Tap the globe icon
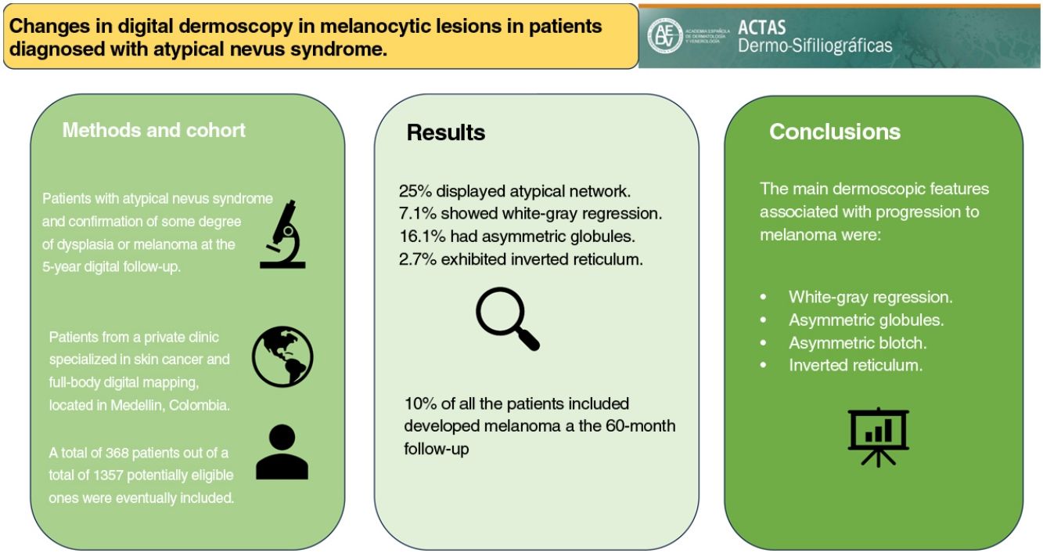point(282,357)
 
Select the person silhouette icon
point(282,452)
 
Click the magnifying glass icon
point(507,318)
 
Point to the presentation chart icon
point(878,436)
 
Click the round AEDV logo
point(664,36)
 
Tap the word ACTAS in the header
point(762,29)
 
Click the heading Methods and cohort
point(153,130)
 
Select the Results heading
point(445,132)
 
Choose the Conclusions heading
point(834,132)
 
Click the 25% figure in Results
point(412,190)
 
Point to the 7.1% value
point(415,213)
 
